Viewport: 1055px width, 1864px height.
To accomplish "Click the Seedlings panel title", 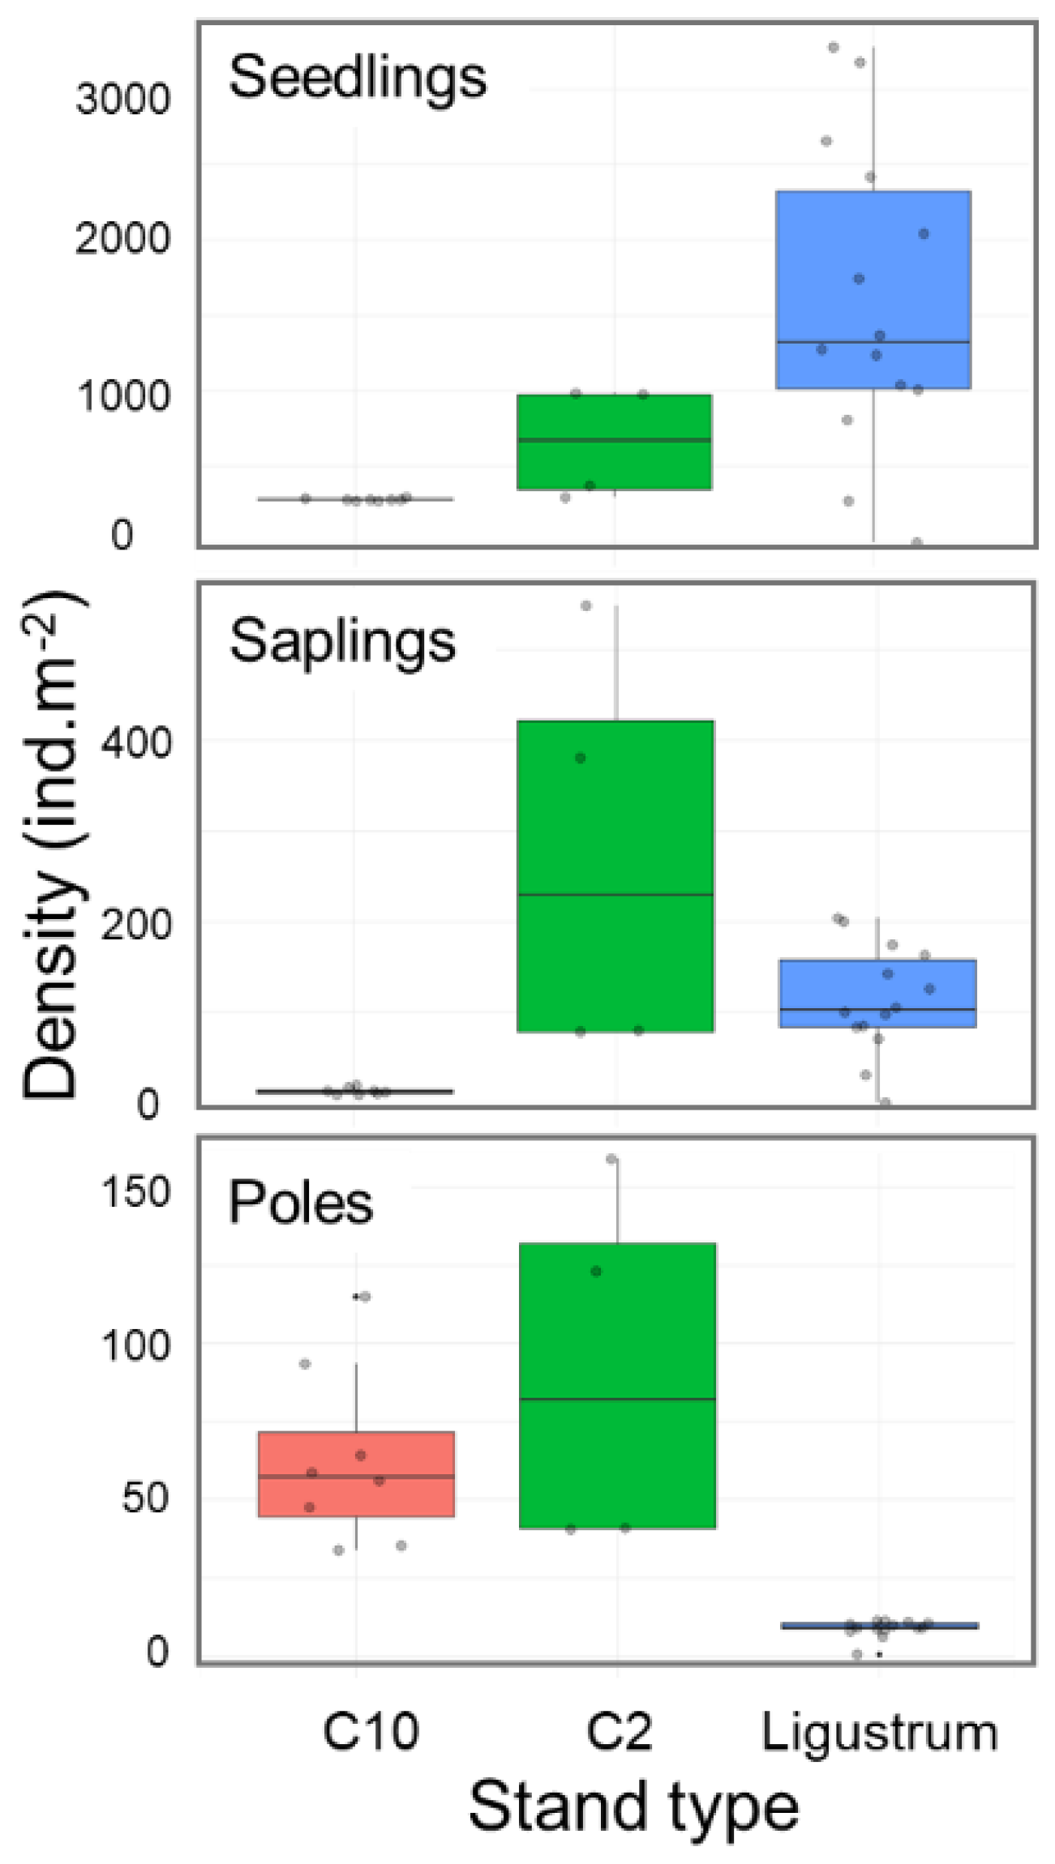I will [x=358, y=78].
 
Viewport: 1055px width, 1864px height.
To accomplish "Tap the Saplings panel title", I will [x=342, y=642].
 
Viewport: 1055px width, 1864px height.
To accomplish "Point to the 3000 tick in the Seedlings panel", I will [x=122, y=100].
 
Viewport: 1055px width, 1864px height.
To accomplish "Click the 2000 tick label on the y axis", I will [x=122, y=239].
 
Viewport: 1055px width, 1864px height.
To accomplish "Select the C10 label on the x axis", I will [x=371, y=1732].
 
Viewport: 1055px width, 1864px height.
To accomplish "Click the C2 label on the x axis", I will [x=618, y=1732].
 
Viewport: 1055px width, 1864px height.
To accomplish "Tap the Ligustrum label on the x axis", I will [x=879, y=1734].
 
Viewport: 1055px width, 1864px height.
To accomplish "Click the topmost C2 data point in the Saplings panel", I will [x=586, y=605].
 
